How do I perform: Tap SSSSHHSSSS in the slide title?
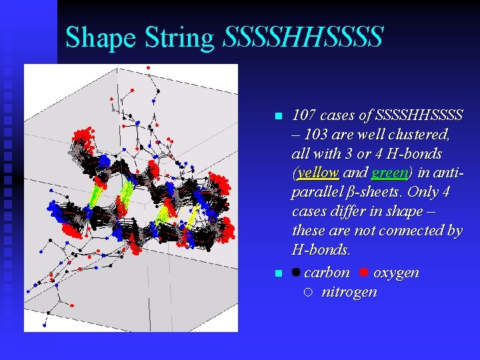(303, 37)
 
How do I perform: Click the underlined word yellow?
(318, 173)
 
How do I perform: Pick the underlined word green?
(389, 173)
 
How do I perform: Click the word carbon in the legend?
(327, 273)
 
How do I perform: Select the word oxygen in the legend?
(396, 273)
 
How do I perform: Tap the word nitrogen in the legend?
(349, 292)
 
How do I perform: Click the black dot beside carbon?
(296, 273)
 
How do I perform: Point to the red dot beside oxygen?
(364, 272)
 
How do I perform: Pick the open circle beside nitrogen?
(307, 292)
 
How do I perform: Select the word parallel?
(313, 193)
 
